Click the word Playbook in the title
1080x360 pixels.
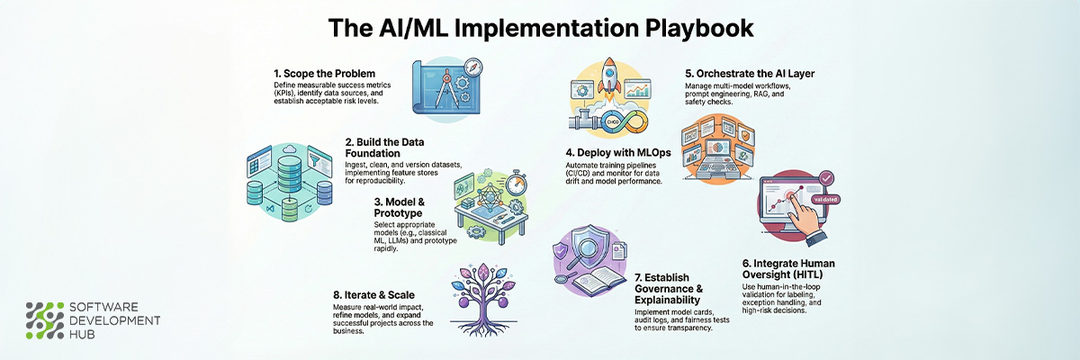pyautogui.click(x=699, y=29)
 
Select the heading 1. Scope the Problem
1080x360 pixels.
pyautogui.click(x=325, y=74)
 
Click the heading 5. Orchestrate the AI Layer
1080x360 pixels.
pyautogui.click(x=750, y=74)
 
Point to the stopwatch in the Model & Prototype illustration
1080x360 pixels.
pyautogui.click(x=516, y=184)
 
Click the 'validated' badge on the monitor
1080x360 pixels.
pyautogui.click(x=825, y=199)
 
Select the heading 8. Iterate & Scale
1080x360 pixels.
pyautogui.click(x=373, y=295)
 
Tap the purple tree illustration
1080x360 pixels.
pyautogui.click(x=483, y=299)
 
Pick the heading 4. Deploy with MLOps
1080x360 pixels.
pyautogui.click(x=618, y=153)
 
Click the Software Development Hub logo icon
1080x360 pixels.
pyautogui.click(x=45, y=320)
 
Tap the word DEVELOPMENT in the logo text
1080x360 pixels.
pyautogui.click(x=115, y=320)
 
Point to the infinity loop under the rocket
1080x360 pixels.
pyautogui.click(x=624, y=121)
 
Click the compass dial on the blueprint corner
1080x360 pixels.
pyautogui.click(x=473, y=67)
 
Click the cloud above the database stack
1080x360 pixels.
pyautogui.click(x=290, y=149)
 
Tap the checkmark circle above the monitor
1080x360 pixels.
pyautogui.click(x=826, y=178)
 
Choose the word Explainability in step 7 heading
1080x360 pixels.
pyautogui.click(x=667, y=300)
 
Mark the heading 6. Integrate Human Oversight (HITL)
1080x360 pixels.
pyautogui.click(x=788, y=269)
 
